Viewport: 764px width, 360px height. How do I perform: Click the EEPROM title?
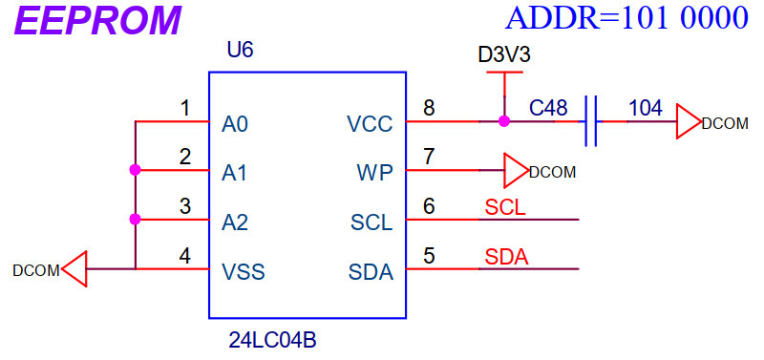pos(98,20)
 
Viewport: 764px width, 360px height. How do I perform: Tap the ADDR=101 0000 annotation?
pos(626,18)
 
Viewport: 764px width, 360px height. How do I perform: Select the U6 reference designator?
pos(241,51)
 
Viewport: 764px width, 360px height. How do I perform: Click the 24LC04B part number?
pos(272,341)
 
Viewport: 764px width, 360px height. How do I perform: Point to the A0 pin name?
pos(235,125)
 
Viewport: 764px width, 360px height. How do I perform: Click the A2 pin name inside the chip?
pos(235,223)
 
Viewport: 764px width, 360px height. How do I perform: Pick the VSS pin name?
pos(244,272)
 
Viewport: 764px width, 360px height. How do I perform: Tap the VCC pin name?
pos(370,125)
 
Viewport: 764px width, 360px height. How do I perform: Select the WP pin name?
pos(374,174)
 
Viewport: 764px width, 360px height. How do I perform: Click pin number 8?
pos(429,108)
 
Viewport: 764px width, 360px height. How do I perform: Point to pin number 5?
pos(429,256)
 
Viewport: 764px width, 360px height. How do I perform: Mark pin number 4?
pos(184,256)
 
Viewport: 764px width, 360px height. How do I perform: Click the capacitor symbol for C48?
pos(590,121)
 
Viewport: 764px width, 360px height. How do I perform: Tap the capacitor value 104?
pos(646,108)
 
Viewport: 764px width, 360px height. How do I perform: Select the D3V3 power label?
pos(504,55)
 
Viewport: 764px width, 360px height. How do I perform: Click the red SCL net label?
pos(505,208)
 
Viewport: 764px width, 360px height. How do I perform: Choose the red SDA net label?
pos(507,257)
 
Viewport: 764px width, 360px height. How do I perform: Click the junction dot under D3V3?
pos(504,121)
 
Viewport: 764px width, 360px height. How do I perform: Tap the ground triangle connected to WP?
pos(516,171)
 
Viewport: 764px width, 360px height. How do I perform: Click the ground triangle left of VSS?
pos(74,269)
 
